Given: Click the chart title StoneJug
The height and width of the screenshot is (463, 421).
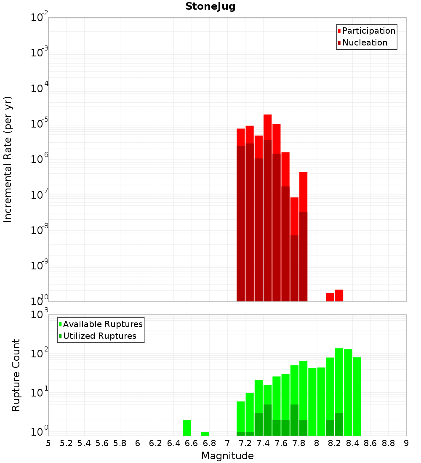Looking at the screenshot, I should pos(210,6).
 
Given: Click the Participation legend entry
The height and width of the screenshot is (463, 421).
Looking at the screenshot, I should pos(369,31).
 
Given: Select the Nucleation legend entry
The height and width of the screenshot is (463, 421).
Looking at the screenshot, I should pos(365,43).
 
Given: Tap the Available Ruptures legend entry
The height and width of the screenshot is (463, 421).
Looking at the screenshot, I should pos(103,324).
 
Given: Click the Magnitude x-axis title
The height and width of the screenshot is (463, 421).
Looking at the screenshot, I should pos(227,456).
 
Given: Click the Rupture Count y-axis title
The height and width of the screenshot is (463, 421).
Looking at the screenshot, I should pos(16,375).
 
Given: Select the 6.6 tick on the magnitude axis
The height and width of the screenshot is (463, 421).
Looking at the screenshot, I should pos(191,443).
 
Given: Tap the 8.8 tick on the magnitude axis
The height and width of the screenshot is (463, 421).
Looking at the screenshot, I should pos(388,443).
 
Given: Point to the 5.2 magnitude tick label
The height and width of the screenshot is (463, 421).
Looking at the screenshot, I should pos(66,443).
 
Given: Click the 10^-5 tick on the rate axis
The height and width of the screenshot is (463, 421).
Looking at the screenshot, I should pos(40,124).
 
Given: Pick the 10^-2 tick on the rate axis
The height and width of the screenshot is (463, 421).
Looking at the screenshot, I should pos(40,18).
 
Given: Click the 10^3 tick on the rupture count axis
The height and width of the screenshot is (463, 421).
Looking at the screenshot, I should pos(40,314).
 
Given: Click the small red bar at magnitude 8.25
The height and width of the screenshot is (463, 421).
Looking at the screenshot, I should pos(339,295).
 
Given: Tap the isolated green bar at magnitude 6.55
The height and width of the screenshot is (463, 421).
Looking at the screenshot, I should pos(187,428).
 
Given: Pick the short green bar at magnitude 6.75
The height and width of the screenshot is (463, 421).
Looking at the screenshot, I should pos(205,434).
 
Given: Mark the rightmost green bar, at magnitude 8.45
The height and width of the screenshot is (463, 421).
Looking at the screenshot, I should pos(357,396).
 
